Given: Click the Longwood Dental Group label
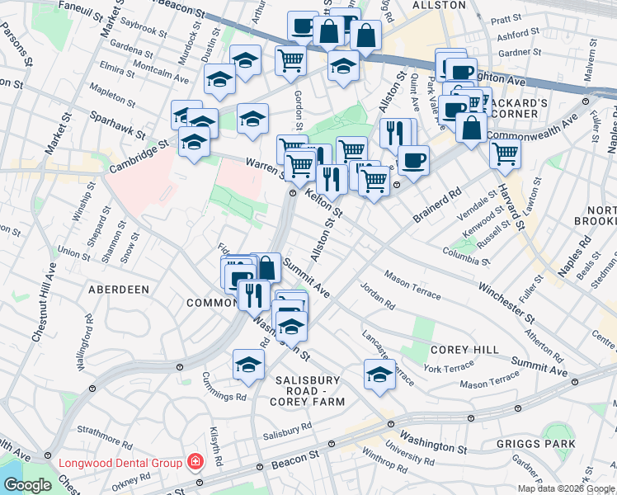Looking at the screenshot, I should click(120, 463).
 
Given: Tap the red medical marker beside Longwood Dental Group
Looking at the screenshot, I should click(195, 462).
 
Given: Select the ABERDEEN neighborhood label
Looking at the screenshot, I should click(120, 290).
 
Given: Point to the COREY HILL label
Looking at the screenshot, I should click(464, 350).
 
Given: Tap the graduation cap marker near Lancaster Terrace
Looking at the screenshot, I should click(379, 374).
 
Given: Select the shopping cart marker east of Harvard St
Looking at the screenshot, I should click(505, 153).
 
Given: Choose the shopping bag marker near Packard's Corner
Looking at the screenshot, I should click(471, 129).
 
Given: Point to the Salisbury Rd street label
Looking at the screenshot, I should click(287, 427).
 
